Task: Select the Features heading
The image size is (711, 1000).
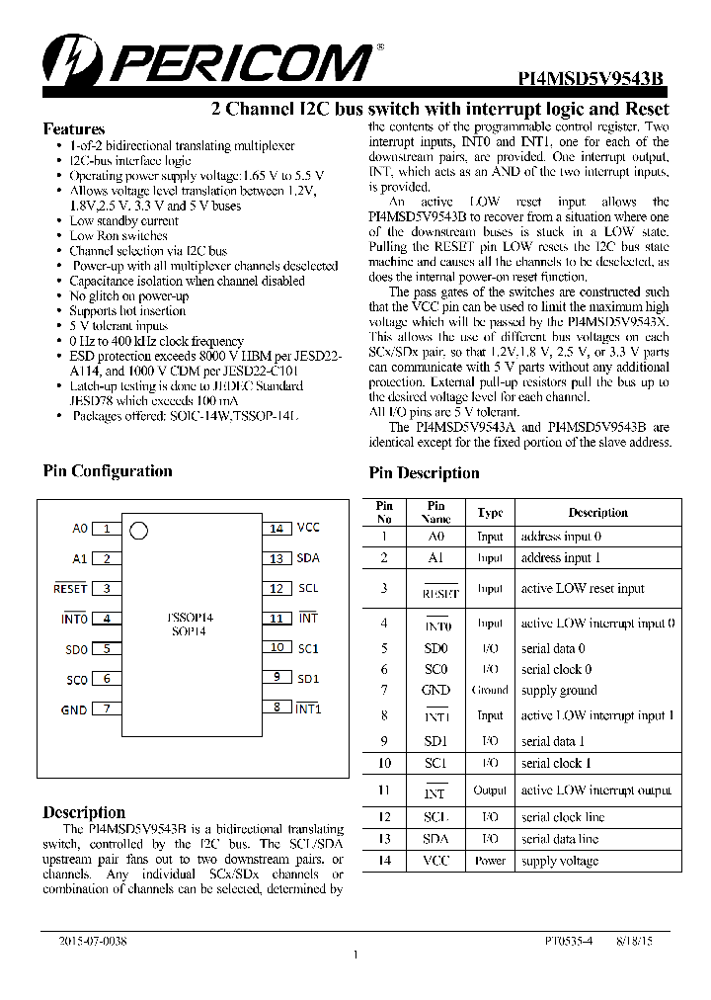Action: tap(74, 129)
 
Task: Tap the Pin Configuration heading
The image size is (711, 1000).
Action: tap(108, 471)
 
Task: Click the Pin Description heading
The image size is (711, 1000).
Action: tap(424, 473)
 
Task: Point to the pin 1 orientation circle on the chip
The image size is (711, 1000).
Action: tap(139, 531)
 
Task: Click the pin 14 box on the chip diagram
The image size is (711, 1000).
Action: tap(276, 529)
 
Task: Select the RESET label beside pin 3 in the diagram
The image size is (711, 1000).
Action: tap(70, 589)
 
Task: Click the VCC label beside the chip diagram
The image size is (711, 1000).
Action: tap(308, 529)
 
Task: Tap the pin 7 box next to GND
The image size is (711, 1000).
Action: tap(106, 709)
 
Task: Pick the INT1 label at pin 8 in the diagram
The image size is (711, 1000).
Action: tap(309, 708)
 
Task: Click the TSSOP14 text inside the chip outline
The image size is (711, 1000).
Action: tap(192, 618)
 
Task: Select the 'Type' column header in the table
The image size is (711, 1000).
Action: tap(490, 513)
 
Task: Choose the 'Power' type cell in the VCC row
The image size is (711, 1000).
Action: tap(490, 861)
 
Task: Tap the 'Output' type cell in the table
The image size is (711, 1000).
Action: tap(490, 791)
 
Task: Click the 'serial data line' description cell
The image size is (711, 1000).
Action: tap(560, 839)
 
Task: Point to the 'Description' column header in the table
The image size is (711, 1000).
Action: tap(597, 513)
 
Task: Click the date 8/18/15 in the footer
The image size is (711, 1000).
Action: tap(634, 942)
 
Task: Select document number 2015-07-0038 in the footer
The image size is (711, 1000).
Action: tap(93, 942)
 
